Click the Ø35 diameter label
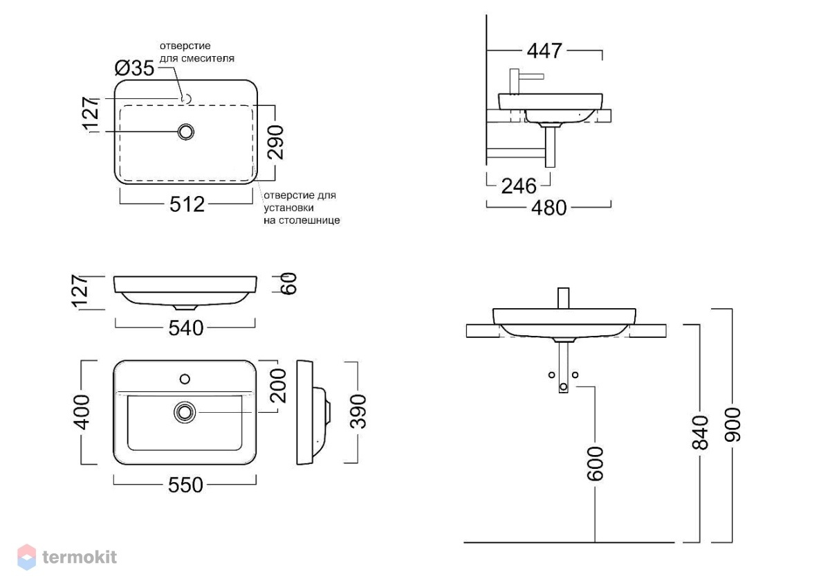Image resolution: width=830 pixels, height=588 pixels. pyautogui.click(x=134, y=69)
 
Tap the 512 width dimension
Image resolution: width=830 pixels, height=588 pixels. pyautogui.click(x=187, y=204)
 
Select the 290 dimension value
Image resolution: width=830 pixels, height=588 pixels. pyautogui.click(x=276, y=143)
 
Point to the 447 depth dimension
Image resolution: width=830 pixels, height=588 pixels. pyautogui.click(x=544, y=51)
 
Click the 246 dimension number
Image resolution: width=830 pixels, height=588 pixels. pyautogui.click(x=519, y=186)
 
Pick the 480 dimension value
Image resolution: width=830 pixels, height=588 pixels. pyautogui.click(x=548, y=207)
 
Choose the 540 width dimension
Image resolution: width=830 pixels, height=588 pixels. pyautogui.click(x=186, y=328)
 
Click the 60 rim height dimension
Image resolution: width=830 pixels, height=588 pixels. pyautogui.click(x=289, y=284)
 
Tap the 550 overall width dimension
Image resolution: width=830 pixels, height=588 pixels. pyautogui.click(x=185, y=485)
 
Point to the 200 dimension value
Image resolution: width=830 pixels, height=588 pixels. pyautogui.click(x=278, y=386)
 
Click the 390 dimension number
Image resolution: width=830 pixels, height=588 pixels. pyautogui.click(x=358, y=411)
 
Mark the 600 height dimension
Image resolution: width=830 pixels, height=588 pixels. pyautogui.click(x=596, y=464)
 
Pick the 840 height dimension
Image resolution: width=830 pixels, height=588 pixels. pyautogui.click(x=700, y=433)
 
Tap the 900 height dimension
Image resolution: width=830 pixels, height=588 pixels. pyautogui.click(x=732, y=425)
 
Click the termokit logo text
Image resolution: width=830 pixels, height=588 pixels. pyautogui.click(x=80, y=558)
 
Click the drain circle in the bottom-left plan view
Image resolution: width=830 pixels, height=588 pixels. pyautogui.click(x=185, y=412)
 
